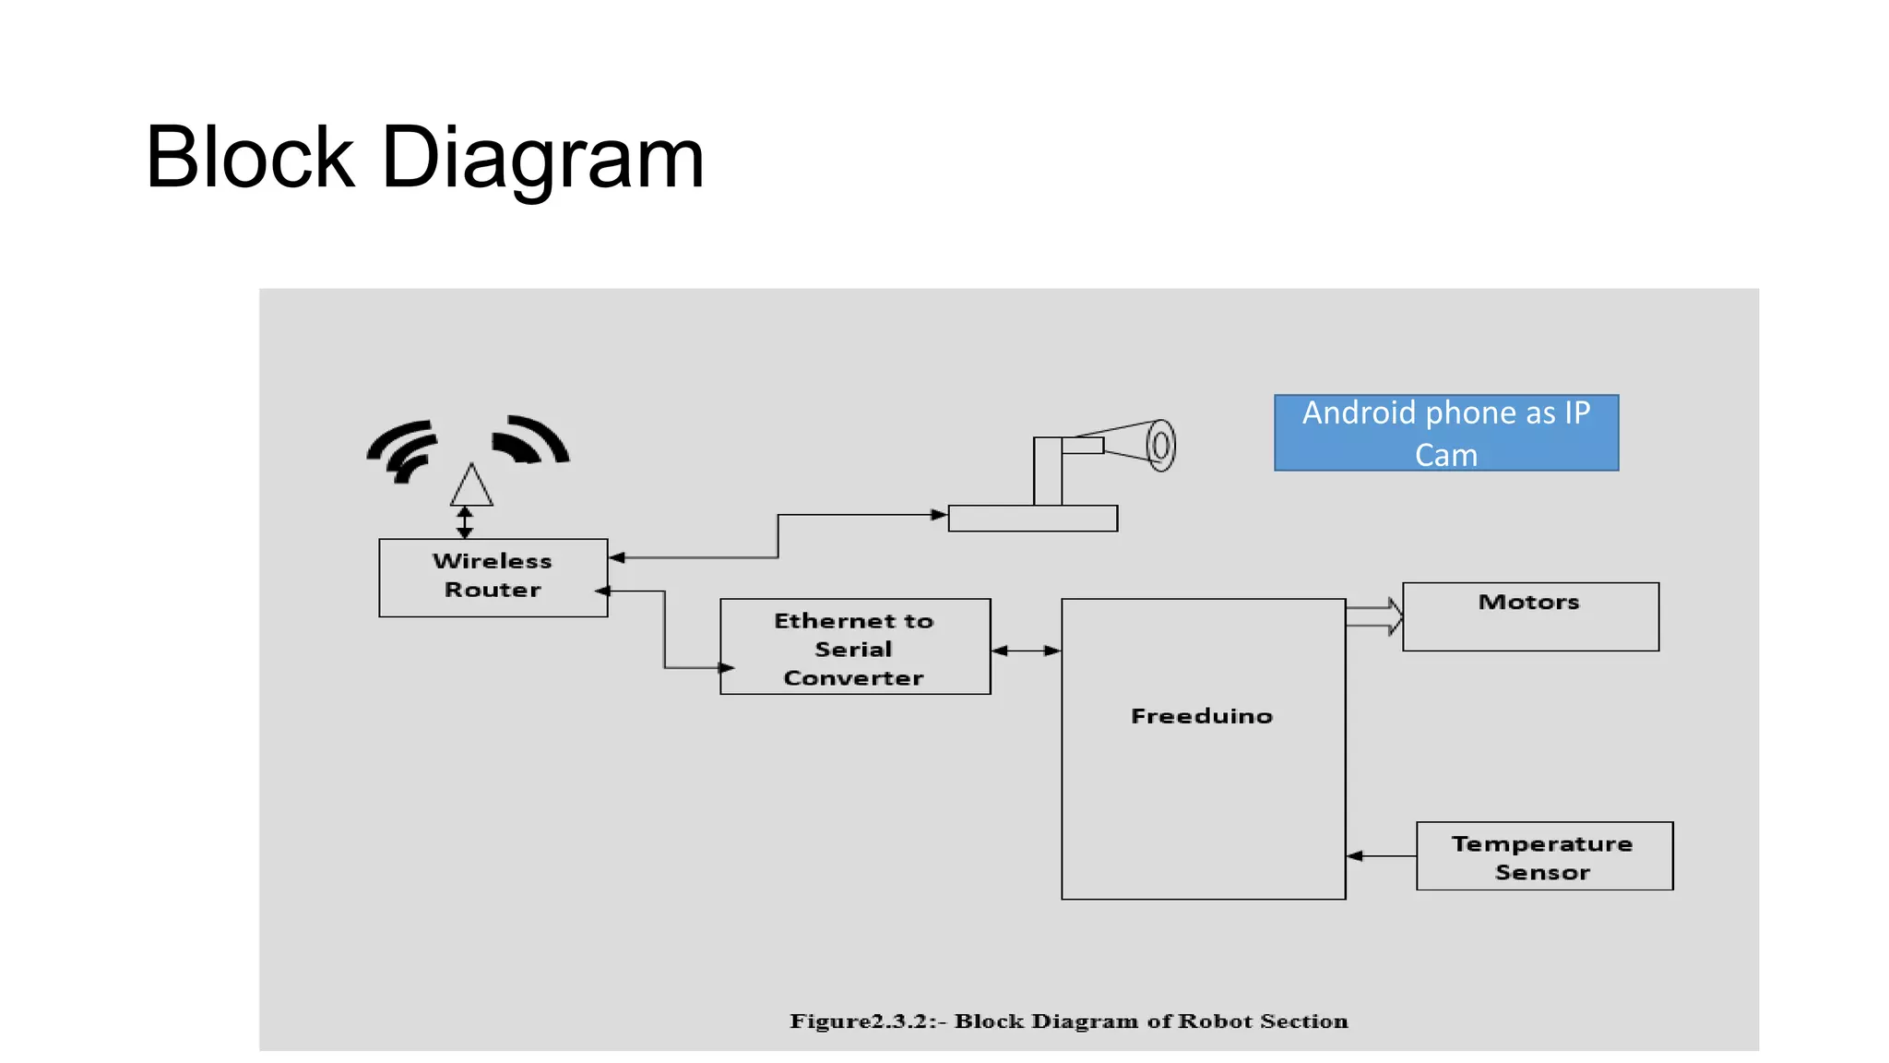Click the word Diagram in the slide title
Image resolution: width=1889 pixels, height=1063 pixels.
tap(542, 159)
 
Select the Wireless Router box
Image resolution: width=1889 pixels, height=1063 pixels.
tap(493, 578)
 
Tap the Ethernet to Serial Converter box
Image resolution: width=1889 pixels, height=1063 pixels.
tap(854, 647)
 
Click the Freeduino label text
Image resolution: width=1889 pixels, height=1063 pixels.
tap(1201, 716)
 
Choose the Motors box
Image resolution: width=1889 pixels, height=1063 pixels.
tap(1529, 616)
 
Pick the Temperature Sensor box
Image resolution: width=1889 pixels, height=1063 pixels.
tap(1543, 856)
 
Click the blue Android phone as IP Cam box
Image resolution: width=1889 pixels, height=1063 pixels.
tap(1445, 433)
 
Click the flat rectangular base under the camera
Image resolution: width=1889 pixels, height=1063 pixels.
tap(1032, 519)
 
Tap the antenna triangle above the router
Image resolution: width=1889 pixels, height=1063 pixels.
tap(471, 487)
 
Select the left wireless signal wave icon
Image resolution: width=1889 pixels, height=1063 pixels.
tap(402, 451)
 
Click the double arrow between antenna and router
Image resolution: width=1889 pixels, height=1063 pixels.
tap(465, 522)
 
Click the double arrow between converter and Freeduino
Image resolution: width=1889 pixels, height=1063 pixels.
tap(1026, 651)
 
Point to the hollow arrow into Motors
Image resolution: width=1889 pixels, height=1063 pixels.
tap(1374, 616)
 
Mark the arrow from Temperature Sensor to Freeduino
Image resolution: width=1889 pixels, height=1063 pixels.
tap(1380, 856)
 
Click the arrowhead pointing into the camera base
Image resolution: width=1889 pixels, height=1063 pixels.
tap(938, 515)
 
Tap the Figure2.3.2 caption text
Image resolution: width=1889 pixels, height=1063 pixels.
tap(1068, 1021)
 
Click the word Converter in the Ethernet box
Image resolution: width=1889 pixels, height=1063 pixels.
tap(853, 678)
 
